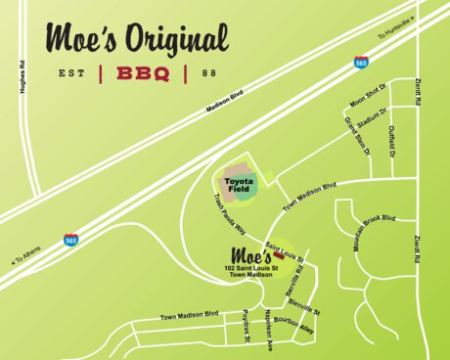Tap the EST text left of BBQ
click(x=71, y=73)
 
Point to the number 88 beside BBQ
click(x=209, y=73)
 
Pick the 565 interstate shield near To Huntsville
click(x=362, y=62)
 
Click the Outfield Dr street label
click(x=392, y=141)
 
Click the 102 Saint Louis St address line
click(x=250, y=268)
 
